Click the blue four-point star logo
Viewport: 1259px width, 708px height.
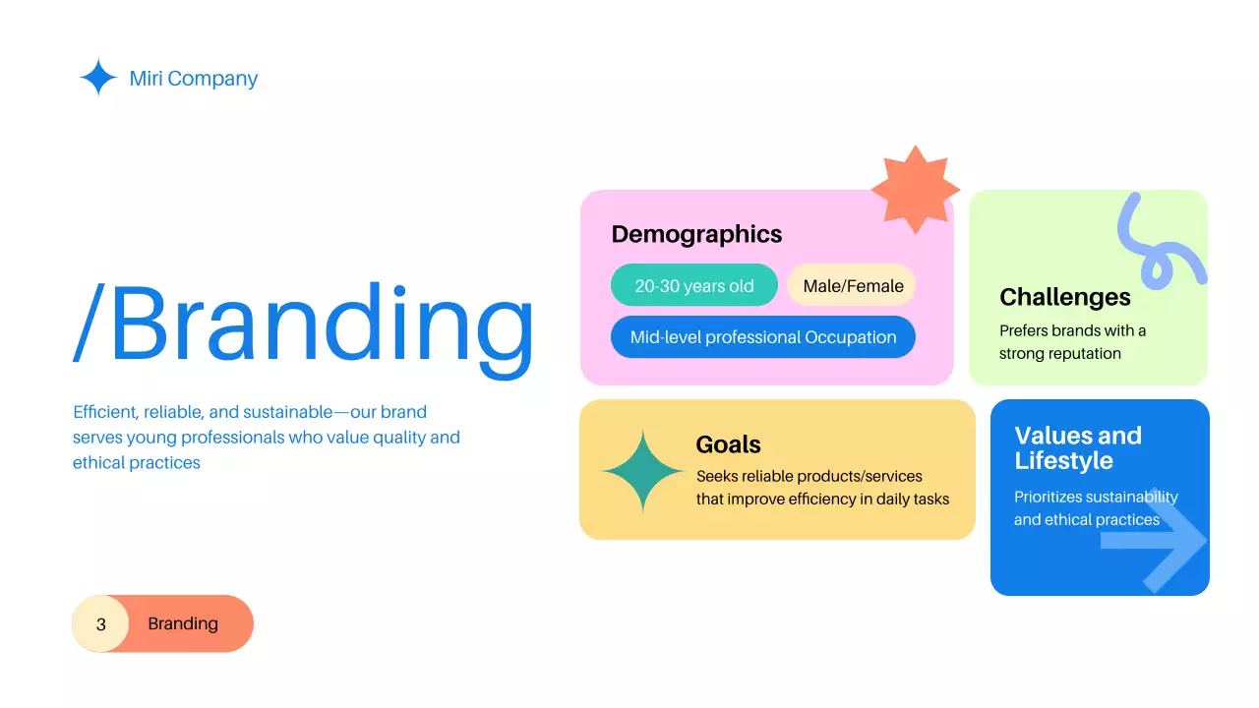98,78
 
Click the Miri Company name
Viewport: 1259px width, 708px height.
194,79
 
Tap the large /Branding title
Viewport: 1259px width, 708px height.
304,322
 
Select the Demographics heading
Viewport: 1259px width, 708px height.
696,234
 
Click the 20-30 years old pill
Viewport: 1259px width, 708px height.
694,286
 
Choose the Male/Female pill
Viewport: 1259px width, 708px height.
853,286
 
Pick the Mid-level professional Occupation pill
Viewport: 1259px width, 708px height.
763,337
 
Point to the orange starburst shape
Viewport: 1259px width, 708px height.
915,190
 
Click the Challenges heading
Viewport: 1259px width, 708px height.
1065,297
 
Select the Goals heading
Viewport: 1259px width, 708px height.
728,444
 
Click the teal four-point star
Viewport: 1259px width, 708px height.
643,472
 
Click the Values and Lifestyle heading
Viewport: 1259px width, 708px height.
1078,448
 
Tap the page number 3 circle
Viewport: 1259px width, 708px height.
100,624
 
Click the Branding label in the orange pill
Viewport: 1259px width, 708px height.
183,624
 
